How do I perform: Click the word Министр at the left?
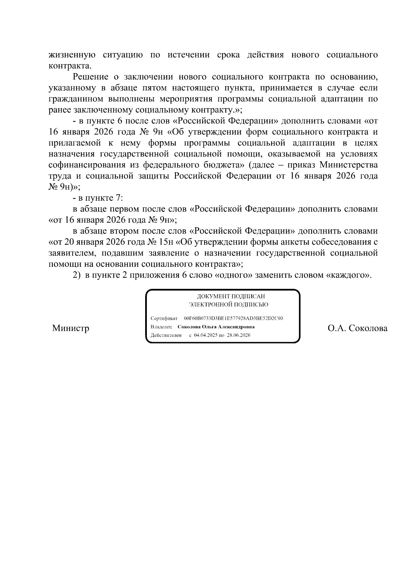tap(71, 328)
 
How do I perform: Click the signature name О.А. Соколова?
tap(357, 328)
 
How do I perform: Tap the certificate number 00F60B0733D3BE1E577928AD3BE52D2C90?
tap(233, 318)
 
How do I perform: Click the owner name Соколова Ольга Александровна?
tap(216, 327)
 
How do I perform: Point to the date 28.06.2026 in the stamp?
tap(239, 335)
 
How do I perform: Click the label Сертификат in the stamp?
tap(164, 318)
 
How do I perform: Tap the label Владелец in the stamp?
tap(161, 327)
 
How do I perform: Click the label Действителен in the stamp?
tap(166, 335)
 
